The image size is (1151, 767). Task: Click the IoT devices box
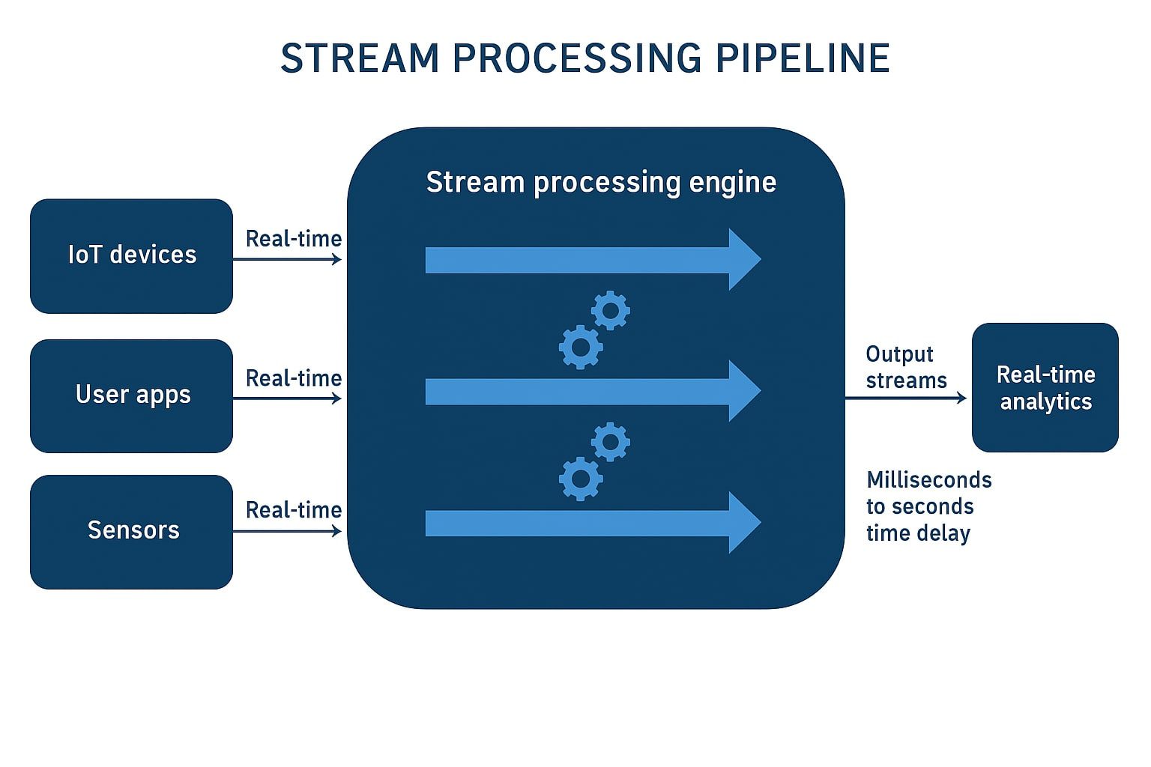click(x=131, y=255)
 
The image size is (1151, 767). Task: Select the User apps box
click(x=131, y=395)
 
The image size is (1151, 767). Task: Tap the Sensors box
click(x=131, y=531)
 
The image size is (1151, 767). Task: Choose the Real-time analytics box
click(x=1045, y=387)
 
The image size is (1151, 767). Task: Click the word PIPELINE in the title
click(x=803, y=58)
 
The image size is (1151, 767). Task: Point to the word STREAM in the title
click(x=360, y=58)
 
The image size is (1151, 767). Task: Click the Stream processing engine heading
click(x=601, y=183)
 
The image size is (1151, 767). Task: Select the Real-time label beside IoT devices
click(x=294, y=239)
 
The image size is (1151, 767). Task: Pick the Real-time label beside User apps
click(x=294, y=378)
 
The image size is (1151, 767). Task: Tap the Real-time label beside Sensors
click(x=294, y=510)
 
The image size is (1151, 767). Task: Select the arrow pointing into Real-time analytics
click(x=907, y=398)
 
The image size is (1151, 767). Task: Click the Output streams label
click(x=906, y=367)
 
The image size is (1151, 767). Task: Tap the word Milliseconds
click(x=929, y=480)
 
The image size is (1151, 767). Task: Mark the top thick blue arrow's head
click(x=744, y=259)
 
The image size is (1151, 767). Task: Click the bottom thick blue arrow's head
click(x=744, y=523)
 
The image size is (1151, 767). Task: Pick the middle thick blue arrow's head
click(x=744, y=391)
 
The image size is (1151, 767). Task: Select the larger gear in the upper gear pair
click(x=581, y=347)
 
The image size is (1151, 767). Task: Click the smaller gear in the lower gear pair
click(x=611, y=442)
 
